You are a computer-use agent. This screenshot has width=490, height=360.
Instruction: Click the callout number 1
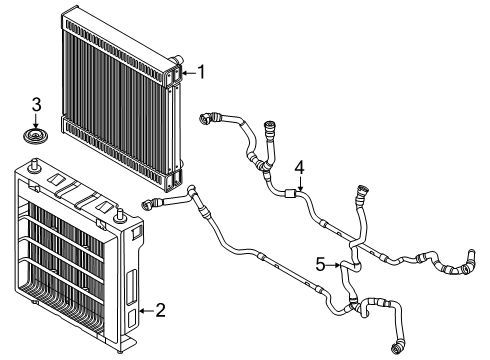tap(201, 71)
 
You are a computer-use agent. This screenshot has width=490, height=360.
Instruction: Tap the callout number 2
tap(159, 310)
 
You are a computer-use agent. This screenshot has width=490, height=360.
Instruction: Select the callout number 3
tap(37, 104)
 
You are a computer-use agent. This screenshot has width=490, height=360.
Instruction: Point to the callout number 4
tap(298, 167)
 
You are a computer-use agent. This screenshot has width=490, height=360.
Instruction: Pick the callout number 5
tap(321, 265)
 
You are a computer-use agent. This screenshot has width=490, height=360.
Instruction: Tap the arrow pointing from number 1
tap(187, 72)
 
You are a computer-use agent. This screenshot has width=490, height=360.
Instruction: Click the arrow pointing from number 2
tap(145, 310)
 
